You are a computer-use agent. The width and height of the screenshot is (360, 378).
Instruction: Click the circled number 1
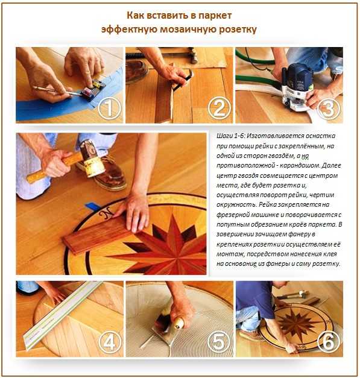point(110,109)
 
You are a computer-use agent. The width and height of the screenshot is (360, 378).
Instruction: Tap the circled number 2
point(219,109)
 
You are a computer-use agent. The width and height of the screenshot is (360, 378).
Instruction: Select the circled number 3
point(329,109)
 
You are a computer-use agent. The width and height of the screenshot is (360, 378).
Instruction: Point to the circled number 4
point(110,342)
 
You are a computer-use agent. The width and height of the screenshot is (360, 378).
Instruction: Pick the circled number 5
point(219,342)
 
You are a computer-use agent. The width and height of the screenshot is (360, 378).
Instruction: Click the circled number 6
point(329,342)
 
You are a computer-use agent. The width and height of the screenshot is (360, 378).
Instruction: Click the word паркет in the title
point(215,16)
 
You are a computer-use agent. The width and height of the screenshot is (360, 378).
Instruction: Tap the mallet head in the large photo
point(93,159)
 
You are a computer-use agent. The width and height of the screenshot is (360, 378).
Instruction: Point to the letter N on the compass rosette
point(106,213)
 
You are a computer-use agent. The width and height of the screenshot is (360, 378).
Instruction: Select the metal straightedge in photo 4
point(62,316)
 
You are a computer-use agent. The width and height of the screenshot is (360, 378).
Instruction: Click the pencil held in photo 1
point(57,92)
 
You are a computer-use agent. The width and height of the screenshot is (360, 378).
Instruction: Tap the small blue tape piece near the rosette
point(93,206)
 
